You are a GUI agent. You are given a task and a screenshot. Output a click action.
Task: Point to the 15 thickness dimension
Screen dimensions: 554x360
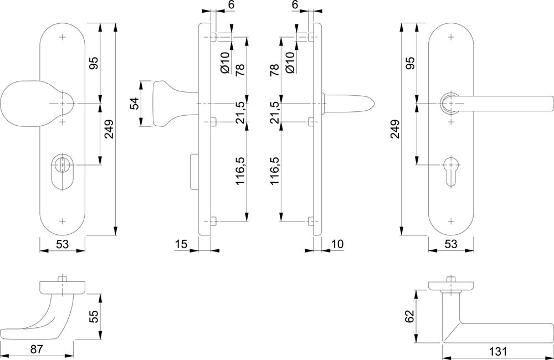tap(181, 244)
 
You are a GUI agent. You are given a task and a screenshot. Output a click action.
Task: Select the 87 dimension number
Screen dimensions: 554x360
tap(36, 349)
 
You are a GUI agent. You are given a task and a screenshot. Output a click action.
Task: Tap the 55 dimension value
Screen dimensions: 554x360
tap(94, 317)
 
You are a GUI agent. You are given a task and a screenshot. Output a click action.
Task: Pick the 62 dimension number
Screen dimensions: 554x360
tap(409, 317)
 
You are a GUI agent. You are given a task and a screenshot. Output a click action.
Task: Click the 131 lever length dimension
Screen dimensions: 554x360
tap(498, 352)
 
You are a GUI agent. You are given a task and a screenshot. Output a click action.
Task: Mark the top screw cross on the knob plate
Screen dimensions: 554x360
tap(63, 37)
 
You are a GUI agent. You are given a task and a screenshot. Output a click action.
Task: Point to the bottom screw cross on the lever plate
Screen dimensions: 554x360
tap(451, 221)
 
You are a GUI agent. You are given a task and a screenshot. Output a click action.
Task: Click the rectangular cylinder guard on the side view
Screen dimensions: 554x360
tap(193, 171)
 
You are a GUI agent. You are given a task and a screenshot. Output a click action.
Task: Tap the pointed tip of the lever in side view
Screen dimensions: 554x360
tap(374, 104)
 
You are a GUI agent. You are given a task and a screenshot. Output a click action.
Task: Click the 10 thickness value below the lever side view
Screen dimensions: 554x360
tap(338, 244)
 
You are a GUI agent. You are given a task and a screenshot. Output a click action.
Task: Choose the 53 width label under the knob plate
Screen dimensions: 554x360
tap(62, 244)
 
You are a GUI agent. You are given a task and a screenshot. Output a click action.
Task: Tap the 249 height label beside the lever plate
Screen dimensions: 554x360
tap(395, 129)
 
